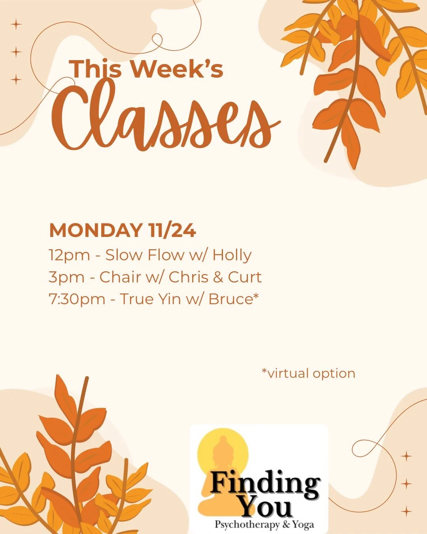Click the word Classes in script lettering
click(166, 117)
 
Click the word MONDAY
click(95, 231)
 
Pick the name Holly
click(232, 255)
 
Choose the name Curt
click(245, 277)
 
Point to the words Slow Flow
click(144, 255)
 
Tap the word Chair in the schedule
click(120, 277)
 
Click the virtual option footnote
click(308, 373)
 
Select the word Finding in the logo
click(265, 483)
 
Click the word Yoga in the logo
click(304, 525)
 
